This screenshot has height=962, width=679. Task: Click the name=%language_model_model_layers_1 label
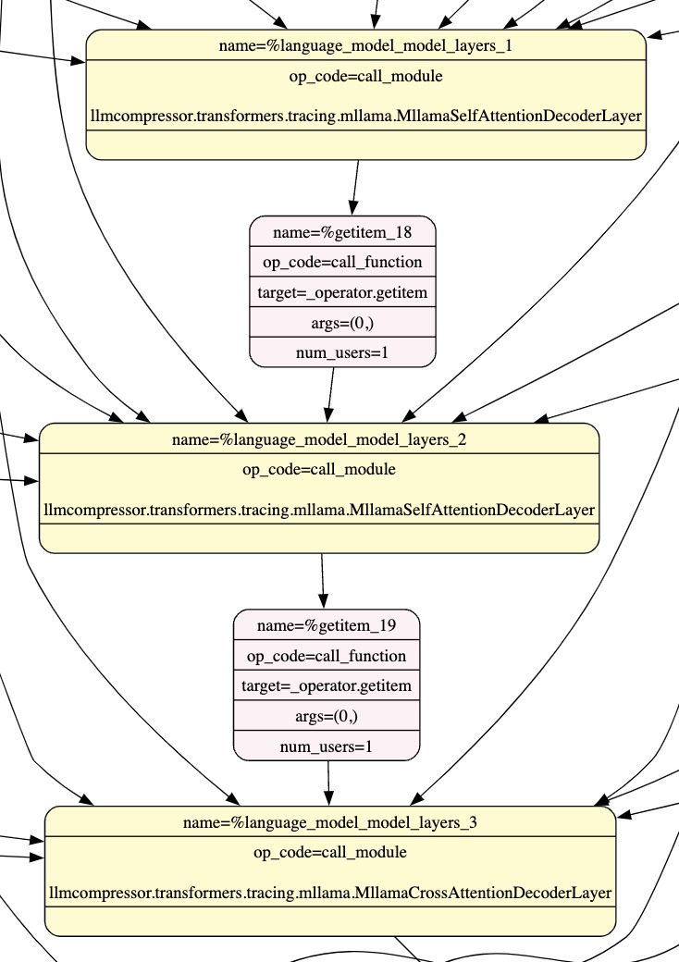(x=365, y=45)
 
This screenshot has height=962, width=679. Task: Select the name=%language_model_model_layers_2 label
(x=319, y=439)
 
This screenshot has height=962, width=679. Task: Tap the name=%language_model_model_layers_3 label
(x=330, y=822)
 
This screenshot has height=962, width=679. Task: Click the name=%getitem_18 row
(x=342, y=231)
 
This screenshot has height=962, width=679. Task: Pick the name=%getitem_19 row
(x=327, y=625)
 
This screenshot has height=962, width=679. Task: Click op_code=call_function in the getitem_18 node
(x=342, y=262)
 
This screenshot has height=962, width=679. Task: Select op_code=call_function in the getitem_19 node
(x=327, y=656)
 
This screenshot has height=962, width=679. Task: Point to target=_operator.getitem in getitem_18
(x=342, y=292)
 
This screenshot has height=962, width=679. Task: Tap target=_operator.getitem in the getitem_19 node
(x=327, y=686)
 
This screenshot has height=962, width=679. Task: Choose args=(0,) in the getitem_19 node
(x=327, y=716)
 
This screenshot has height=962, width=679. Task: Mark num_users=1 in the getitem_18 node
(x=342, y=352)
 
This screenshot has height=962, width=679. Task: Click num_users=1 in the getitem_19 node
(x=327, y=746)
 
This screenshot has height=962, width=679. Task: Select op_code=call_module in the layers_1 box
(x=365, y=76)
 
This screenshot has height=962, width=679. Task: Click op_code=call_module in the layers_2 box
(x=319, y=469)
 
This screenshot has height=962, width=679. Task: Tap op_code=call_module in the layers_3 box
(x=330, y=852)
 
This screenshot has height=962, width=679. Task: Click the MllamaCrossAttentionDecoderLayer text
(x=330, y=894)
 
